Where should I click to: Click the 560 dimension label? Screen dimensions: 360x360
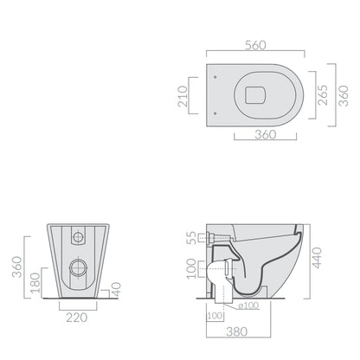255,45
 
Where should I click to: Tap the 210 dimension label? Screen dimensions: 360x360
183,96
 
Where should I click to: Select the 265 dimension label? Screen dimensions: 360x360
323,95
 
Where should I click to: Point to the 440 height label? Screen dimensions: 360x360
317,258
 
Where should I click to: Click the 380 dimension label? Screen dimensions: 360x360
237,331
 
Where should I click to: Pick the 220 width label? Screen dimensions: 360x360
77,318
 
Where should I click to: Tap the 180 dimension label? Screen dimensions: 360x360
35,283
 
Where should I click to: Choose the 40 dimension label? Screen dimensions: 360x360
116,289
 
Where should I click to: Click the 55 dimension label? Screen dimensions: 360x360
191,238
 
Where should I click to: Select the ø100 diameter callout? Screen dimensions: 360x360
248,305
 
